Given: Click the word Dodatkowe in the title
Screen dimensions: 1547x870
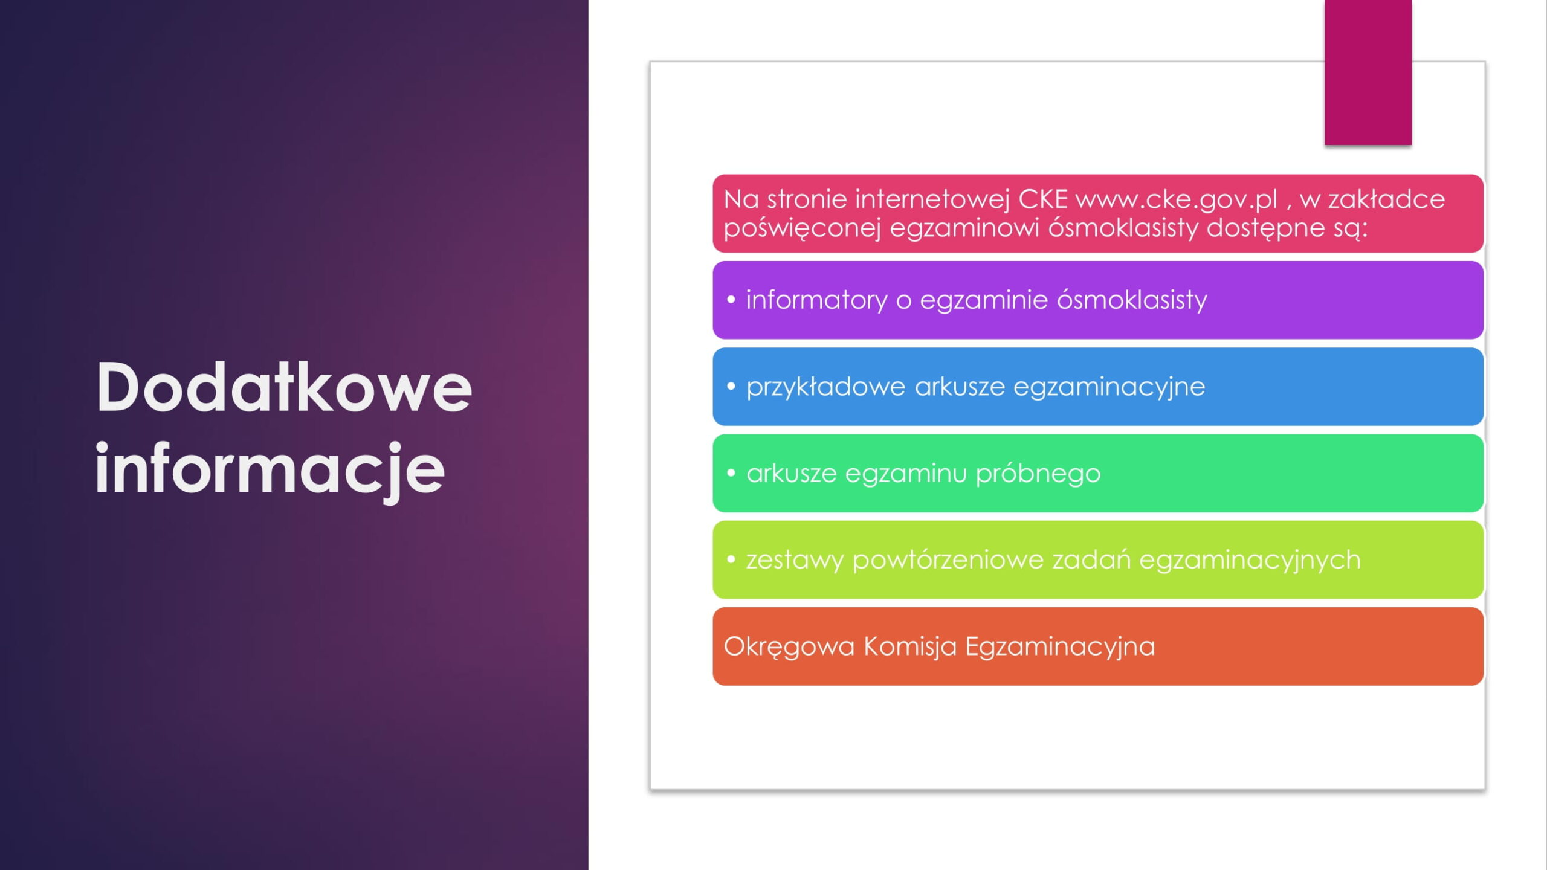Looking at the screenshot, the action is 283,387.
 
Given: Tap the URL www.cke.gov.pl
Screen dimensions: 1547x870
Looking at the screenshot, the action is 1177,199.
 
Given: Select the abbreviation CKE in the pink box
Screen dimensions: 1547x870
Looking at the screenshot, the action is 1043,199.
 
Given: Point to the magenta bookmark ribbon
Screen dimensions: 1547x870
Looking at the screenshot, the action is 1368,72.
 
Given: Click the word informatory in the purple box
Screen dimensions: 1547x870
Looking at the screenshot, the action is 816,300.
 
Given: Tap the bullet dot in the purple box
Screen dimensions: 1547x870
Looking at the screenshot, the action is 731,299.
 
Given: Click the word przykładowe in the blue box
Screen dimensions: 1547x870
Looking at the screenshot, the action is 825,387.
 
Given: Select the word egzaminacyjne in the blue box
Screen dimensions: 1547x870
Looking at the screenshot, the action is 1109,387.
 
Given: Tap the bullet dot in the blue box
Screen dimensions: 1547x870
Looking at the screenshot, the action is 731,385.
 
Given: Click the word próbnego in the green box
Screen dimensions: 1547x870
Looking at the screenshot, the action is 1038,473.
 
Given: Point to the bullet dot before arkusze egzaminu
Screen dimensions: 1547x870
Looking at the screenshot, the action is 731,472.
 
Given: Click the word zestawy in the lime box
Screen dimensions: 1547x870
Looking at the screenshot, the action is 795,560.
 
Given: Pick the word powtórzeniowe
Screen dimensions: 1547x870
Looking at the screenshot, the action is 948,560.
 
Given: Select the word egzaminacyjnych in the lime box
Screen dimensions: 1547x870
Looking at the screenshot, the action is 1250,560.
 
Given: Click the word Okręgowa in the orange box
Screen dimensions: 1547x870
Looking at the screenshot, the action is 789,646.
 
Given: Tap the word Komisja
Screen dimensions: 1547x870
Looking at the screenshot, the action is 910,646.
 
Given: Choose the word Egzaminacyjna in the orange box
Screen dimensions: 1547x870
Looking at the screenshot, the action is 1060,646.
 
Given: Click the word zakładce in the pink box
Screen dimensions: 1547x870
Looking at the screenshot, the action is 1387,199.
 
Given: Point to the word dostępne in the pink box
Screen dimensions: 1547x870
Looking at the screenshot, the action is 1265,228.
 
